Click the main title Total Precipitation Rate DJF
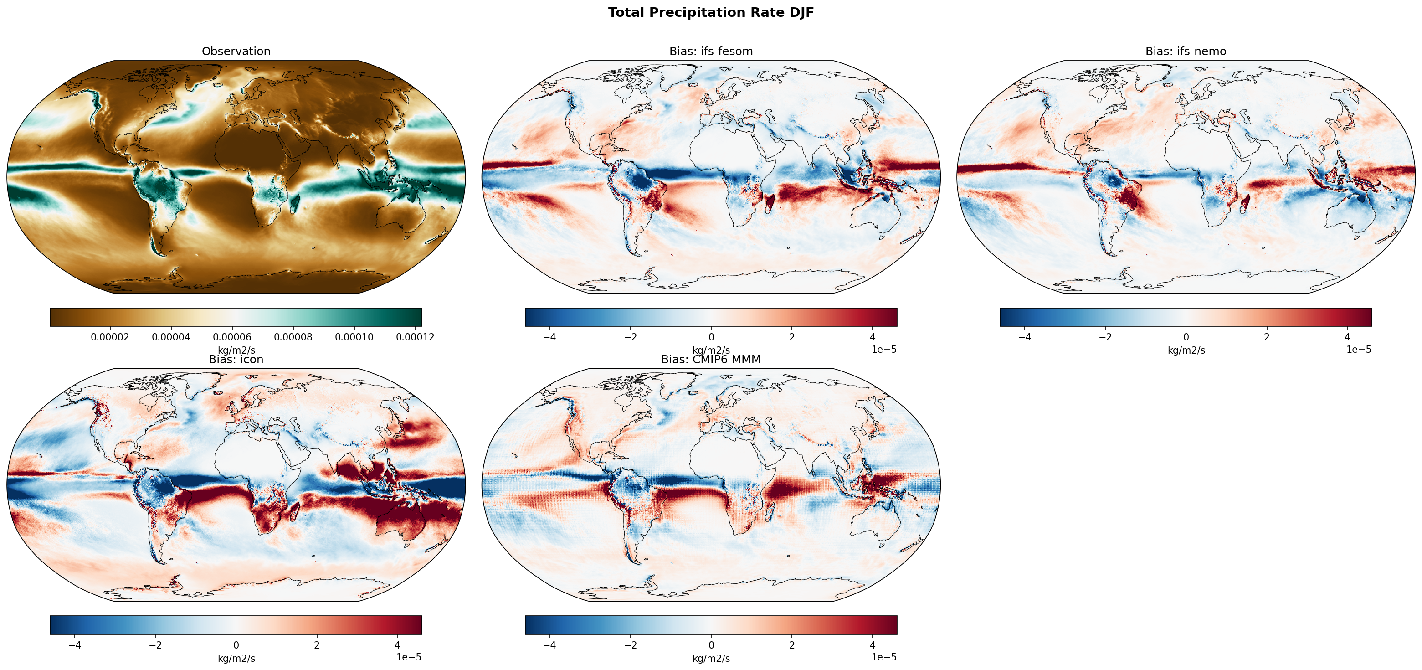pyautogui.click(x=710, y=13)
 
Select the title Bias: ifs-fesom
pyautogui.click(x=710, y=52)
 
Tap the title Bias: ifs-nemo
pyautogui.click(x=1185, y=52)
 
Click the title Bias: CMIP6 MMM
pyautogui.click(x=710, y=360)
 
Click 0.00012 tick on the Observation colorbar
pyautogui.click(x=415, y=337)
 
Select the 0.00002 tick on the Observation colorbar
pyautogui.click(x=110, y=337)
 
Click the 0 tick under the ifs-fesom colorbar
pyautogui.click(x=711, y=337)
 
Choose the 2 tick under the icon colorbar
pyautogui.click(x=317, y=644)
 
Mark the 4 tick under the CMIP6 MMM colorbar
pyautogui.click(x=872, y=644)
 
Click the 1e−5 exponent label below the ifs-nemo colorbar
pyautogui.click(x=1359, y=349)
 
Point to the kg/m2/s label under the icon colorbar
pyautogui.click(x=236, y=659)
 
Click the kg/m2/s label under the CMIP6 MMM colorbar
pyautogui.click(x=711, y=659)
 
